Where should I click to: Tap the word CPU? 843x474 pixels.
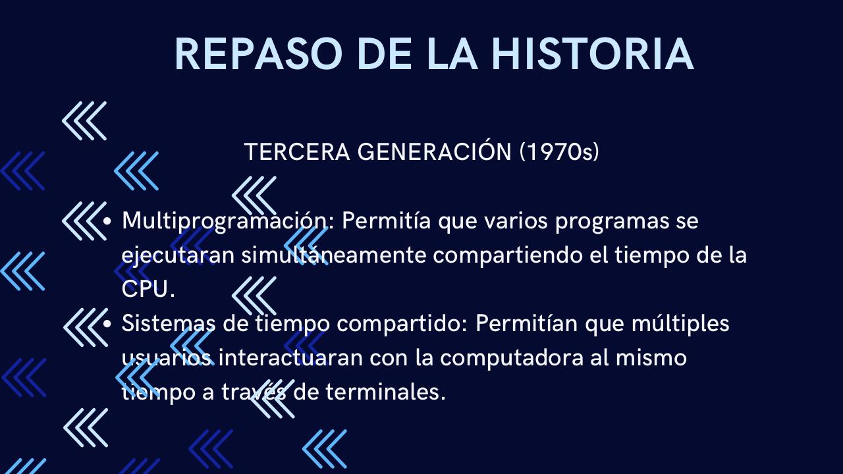tap(148, 290)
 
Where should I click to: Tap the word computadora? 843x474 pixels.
tap(511, 358)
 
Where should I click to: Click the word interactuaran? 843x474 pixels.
tap(292, 358)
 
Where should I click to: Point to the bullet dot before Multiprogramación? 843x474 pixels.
tap(108, 221)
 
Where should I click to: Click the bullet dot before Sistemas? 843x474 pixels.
tap(108, 324)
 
